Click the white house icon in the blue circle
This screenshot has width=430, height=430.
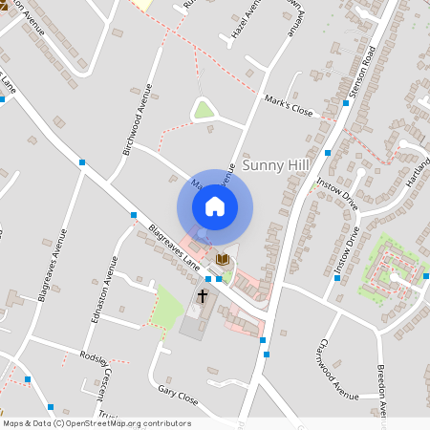click(x=215, y=206)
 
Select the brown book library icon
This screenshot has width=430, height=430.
click(x=223, y=259)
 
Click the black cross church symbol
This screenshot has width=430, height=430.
click(x=203, y=297)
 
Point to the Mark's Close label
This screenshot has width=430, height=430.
click(x=288, y=109)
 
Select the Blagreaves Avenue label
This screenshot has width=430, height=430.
click(x=54, y=265)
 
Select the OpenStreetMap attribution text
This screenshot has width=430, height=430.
click(x=97, y=423)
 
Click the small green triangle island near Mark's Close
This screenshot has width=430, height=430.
click(x=204, y=110)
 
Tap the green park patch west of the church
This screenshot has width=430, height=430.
click(x=168, y=305)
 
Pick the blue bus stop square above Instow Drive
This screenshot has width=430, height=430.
click(x=329, y=153)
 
